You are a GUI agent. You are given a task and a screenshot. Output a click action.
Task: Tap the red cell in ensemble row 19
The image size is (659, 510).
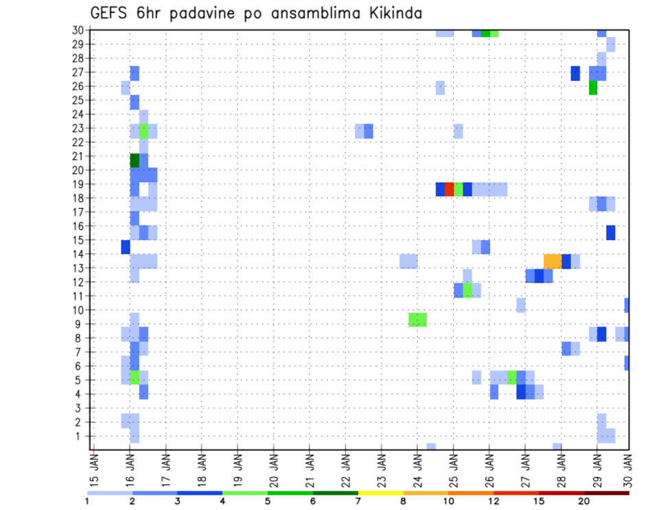[450, 189]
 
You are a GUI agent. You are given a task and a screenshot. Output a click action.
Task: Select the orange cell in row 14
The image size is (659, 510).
[553, 260]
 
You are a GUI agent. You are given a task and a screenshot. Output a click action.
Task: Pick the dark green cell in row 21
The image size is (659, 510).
[135, 160]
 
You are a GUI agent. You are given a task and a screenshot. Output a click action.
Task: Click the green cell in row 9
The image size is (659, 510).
[417, 319]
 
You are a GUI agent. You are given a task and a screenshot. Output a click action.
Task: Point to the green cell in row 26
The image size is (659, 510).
[593, 88]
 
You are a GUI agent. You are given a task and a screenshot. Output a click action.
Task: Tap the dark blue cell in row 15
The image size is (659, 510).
[611, 232]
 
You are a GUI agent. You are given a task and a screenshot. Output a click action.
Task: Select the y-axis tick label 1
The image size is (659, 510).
[80, 436]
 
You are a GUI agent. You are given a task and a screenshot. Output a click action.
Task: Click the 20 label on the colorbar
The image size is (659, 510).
[584, 501]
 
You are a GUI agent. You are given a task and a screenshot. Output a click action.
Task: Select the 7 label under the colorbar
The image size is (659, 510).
[358, 501]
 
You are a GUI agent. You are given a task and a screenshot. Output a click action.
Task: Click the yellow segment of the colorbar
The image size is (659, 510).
[380, 493]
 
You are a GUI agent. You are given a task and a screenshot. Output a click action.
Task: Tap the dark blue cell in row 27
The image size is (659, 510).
[575, 73]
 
